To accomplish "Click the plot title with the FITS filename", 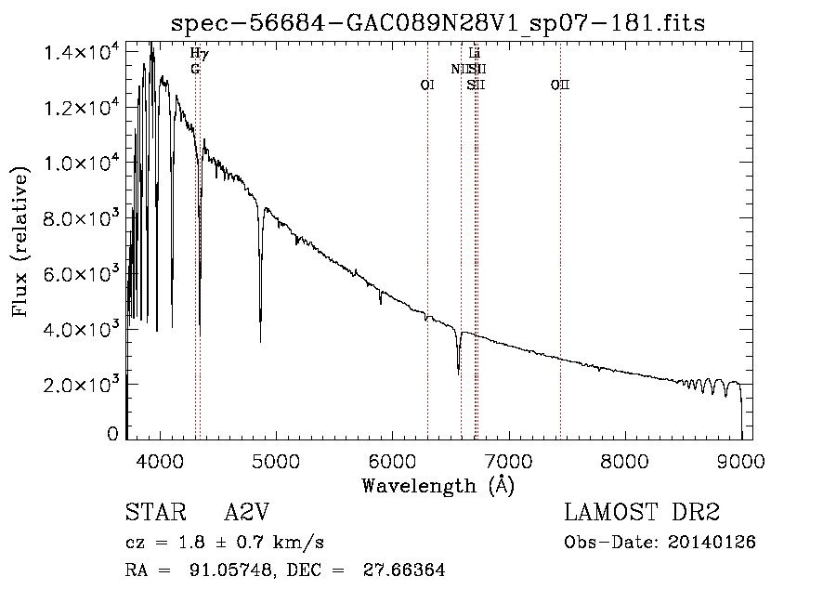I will point(438,24).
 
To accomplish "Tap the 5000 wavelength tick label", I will point(276,461).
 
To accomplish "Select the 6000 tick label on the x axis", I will point(392,461).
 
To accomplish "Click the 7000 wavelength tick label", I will point(508,461).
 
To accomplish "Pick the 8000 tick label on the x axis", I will point(624,461).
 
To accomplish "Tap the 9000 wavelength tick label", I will point(740,461).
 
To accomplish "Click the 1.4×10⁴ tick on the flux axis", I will point(82,52).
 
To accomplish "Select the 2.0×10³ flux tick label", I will point(82,384).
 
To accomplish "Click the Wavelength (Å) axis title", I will point(438,485).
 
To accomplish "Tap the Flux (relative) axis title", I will point(20,237).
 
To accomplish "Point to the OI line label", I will point(427,85).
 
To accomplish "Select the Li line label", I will point(475,53).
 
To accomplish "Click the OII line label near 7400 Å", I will point(559,85).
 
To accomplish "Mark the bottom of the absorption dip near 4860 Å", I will point(260,340).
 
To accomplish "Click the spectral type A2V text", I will point(247,514).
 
